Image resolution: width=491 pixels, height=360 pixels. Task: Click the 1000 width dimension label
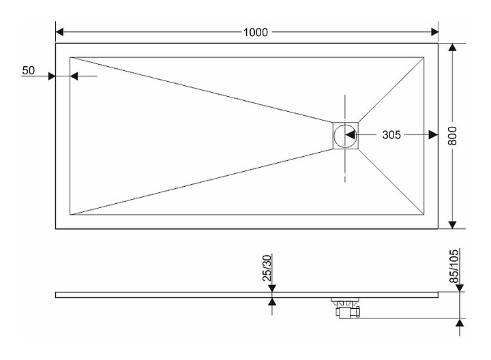[x=256, y=32]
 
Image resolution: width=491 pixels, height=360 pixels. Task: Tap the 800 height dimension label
[x=452, y=136]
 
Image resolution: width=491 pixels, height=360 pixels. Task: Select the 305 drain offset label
[x=391, y=135]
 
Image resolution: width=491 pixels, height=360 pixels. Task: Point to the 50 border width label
[x=28, y=70]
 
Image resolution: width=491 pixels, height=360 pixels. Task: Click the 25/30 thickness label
[x=267, y=268]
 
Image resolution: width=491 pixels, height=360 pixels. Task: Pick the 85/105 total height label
[x=453, y=266]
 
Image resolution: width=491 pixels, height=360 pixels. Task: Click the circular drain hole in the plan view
[x=345, y=136]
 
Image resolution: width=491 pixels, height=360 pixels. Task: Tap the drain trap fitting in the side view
[x=345, y=308]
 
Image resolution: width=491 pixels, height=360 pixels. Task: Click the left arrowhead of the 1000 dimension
[x=59, y=32]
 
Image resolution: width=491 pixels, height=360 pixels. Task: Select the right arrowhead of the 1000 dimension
[x=434, y=32]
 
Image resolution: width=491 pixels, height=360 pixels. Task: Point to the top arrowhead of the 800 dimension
[x=452, y=47]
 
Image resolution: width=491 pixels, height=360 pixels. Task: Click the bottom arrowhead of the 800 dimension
[x=452, y=224]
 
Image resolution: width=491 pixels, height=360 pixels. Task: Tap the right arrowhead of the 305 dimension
[x=434, y=135]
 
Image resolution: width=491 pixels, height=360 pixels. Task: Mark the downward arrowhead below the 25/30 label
[x=272, y=288]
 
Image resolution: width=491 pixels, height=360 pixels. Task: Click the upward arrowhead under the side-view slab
[x=272, y=301]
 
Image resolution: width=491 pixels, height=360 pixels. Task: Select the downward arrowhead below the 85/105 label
[x=460, y=288]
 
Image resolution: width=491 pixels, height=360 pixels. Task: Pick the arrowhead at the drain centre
[x=350, y=135]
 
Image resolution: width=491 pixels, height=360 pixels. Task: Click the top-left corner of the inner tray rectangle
[x=70, y=57]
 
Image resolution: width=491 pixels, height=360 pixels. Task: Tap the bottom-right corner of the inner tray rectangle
[x=424, y=215]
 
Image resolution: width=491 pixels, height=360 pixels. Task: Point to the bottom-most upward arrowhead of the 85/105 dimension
[x=460, y=322]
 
